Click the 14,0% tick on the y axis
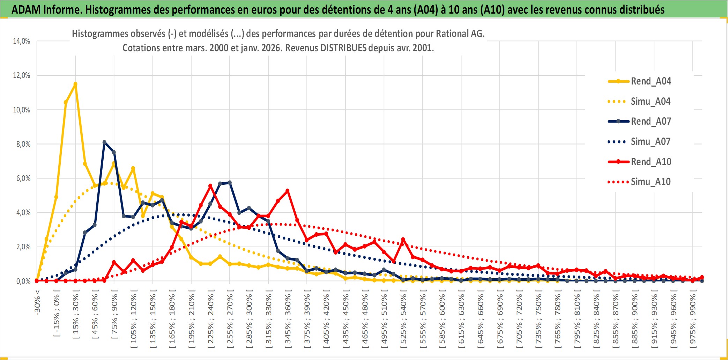coord(22,41)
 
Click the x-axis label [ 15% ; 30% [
coord(76,316)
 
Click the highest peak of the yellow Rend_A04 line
coord(75,84)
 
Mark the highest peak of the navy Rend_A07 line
coord(104,142)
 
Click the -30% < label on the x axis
coord(37,302)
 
